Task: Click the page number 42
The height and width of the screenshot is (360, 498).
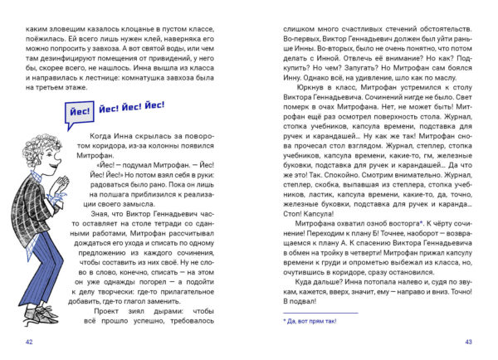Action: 30,342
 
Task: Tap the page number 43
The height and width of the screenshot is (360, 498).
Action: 468,342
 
